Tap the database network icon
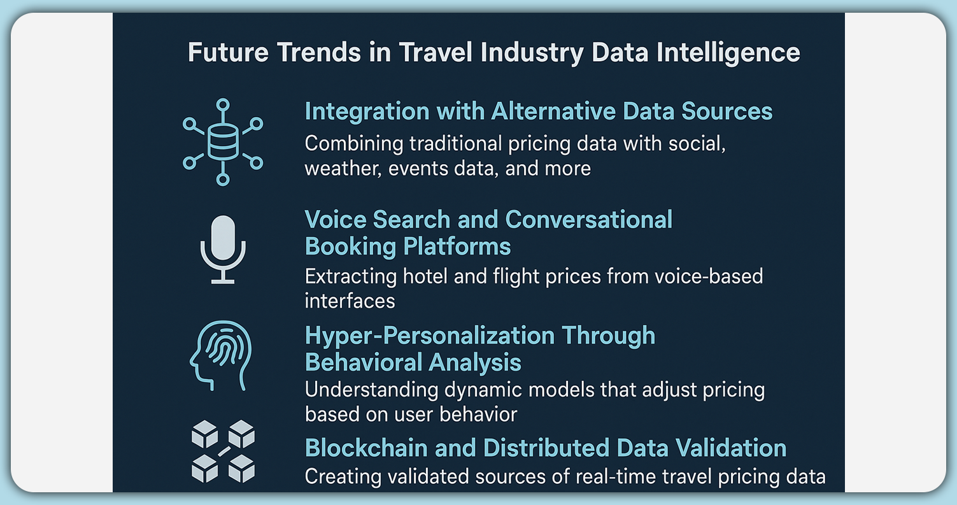[222, 142]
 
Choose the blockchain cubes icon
[223, 450]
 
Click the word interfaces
[350, 300]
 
